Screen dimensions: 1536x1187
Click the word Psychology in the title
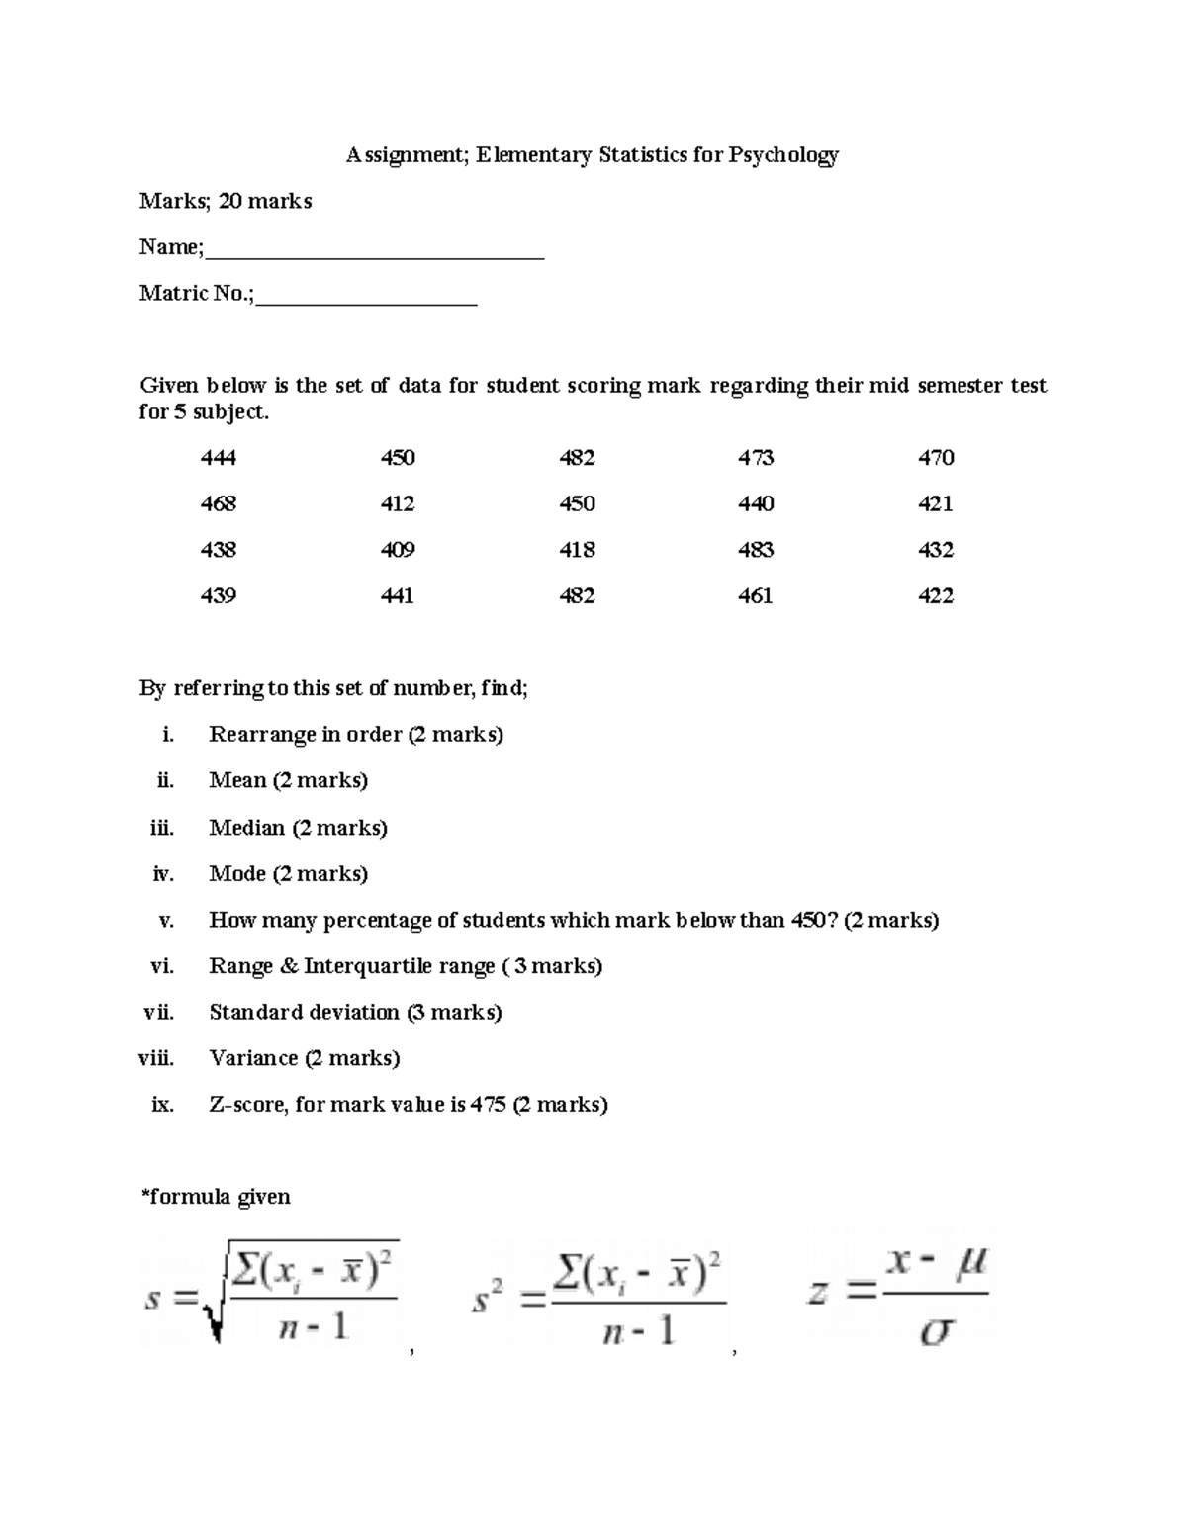783,155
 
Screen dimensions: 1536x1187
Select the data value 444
218,458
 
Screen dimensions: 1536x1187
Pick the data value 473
756,458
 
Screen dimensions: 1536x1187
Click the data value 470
936,458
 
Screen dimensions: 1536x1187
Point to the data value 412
398,504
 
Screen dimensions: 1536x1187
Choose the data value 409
398,550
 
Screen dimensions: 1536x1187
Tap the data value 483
756,550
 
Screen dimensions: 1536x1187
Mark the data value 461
756,596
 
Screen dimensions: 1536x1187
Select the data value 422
936,596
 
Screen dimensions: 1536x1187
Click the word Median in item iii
246,828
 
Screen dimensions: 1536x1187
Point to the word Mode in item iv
237,874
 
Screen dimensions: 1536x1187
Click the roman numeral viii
156,1059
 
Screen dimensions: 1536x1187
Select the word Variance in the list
253,1059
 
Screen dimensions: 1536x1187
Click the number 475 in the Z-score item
488,1105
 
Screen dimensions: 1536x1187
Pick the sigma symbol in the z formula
936,1332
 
